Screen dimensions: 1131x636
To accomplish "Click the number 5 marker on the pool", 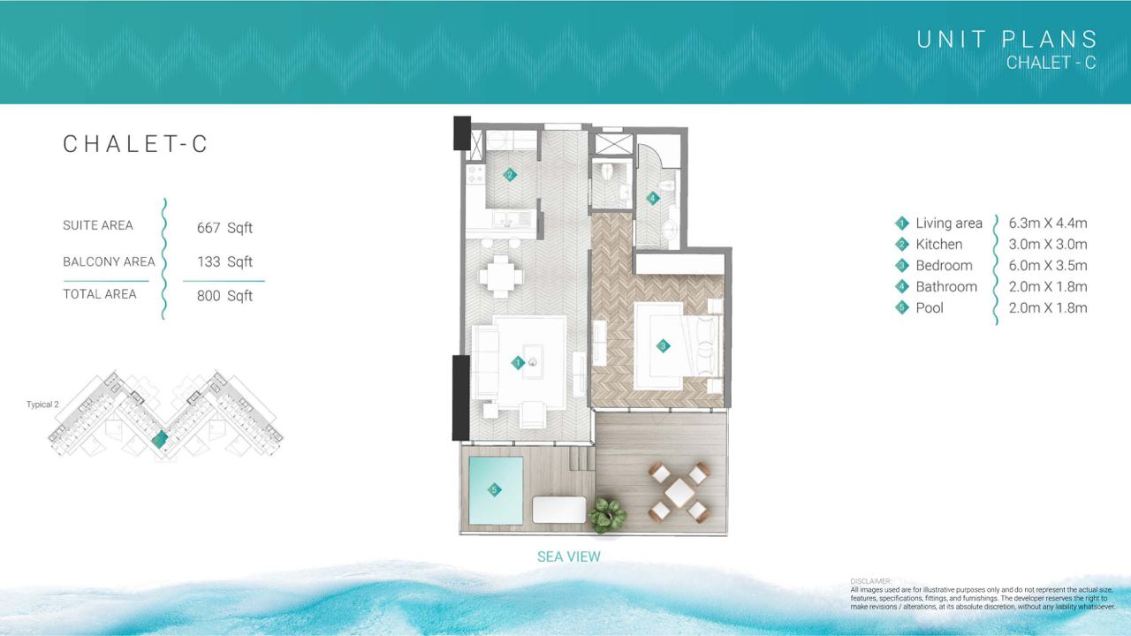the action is pyautogui.click(x=494, y=489).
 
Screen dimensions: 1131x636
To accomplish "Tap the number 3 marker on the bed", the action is pyautogui.click(x=663, y=345).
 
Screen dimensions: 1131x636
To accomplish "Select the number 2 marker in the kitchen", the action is pyautogui.click(x=510, y=175).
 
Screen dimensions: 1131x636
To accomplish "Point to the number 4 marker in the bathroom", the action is pyautogui.click(x=653, y=199).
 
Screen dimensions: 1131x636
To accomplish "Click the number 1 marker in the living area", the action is pyautogui.click(x=518, y=362).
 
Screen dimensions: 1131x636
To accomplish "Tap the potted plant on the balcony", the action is pyautogui.click(x=607, y=515).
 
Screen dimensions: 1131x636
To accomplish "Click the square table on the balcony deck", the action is pyautogui.click(x=679, y=493).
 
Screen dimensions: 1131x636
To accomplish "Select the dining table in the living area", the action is pyautogui.click(x=501, y=277).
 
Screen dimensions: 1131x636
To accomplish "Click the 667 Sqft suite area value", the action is pyautogui.click(x=224, y=228).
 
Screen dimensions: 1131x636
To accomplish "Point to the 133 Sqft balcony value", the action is pyautogui.click(x=224, y=262).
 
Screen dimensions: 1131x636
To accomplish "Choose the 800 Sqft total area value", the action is pyautogui.click(x=224, y=296).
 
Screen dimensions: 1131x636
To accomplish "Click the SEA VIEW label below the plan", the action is pyautogui.click(x=568, y=556).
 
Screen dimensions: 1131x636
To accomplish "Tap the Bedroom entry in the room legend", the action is pyautogui.click(x=944, y=266).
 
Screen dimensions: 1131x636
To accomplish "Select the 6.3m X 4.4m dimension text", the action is pyautogui.click(x=1048, y=223).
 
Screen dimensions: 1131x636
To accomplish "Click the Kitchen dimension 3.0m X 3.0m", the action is pyautogui.click(x=1048, y=245).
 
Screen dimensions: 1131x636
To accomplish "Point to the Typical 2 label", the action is pyautogui.click(x=42, y=405).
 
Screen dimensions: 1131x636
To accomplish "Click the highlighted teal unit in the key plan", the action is pyautogui.click(x=160, y=440).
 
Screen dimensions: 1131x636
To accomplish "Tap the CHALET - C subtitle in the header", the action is pyautogui.click(x=1051, y=63).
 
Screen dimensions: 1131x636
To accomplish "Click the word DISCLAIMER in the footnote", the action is pyautogui.click(x=871, y=581).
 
